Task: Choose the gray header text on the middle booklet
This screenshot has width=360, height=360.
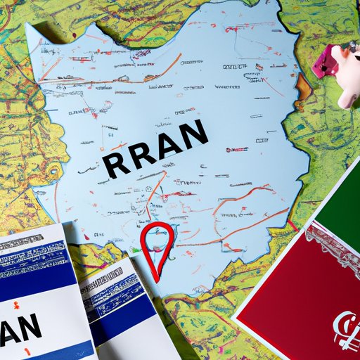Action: pos(105,276)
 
